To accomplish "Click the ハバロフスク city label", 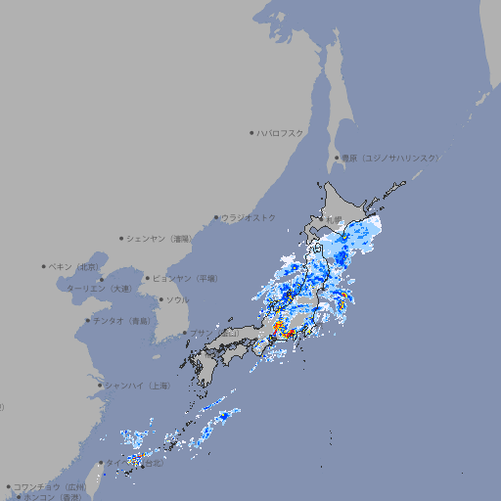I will pyautogui.click(x=281, y=132).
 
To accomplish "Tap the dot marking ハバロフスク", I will pyautogui.click(x=251, y=132).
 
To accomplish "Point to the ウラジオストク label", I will pyautogui.click(x=249, y=217).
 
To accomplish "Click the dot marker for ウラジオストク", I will pyautogui.click(x=216, y=217).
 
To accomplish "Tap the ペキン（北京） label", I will pyautogui.click(x=75, y=266).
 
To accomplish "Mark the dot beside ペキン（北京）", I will pyautogui.click(x=44, y=266).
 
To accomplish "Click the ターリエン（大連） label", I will pyautogui.click(x=98, y=289).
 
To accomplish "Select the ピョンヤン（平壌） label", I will pyautogui.click(x=184, y=278).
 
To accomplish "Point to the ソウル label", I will pyautogui.click(x=177, y=299).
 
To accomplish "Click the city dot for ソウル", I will pyautogui.click(x=160, y=299).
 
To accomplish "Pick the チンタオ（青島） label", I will pyautogui.click(x=121, y=320).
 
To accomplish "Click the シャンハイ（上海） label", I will pyautogui.click(x=138, y=386).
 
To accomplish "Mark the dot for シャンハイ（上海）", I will pyautogui.click(x=100, y=386).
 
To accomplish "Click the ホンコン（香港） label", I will pyautogui.click(x=53, y=497).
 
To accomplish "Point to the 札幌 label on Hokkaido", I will pyautogui.click(x=337, y=218).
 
